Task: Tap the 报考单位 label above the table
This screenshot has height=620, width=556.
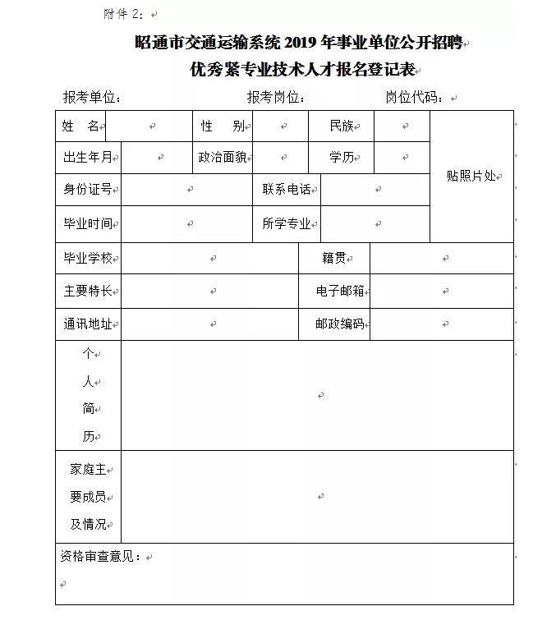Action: [92, 97]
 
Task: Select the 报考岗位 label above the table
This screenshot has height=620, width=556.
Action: [276, 97]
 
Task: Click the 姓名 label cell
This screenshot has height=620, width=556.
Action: [80, 126]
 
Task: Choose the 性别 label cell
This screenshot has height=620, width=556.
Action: [222, 126]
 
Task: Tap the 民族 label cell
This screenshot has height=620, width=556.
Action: [341, 126]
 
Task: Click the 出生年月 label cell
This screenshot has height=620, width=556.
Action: [88, 157]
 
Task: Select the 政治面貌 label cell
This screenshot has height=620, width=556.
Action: [222, 157]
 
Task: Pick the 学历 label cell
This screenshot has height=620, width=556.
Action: [341, 157]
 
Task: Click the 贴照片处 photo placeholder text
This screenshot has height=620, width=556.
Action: [471, 176]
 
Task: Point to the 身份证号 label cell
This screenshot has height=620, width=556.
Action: [88, 189]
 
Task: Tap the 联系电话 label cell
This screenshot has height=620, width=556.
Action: [286, 189]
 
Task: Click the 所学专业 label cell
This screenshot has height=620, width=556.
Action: [286, 223]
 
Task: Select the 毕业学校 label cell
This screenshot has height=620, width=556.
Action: [88, 258]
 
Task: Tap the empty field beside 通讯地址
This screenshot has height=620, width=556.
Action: [209, 324]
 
